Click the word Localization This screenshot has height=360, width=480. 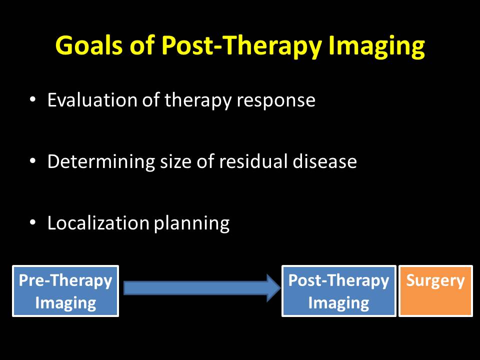[x=98, y=223]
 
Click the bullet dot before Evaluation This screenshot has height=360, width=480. [x=33, y=100]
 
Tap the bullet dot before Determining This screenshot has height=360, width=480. [x=33, y=161]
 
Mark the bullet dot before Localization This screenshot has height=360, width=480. [x=33, y=223]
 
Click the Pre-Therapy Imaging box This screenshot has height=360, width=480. [x=65, y=291]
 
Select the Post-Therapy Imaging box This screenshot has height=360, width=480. [x=338, y=291]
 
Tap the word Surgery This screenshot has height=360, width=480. [x=435, y=281]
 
